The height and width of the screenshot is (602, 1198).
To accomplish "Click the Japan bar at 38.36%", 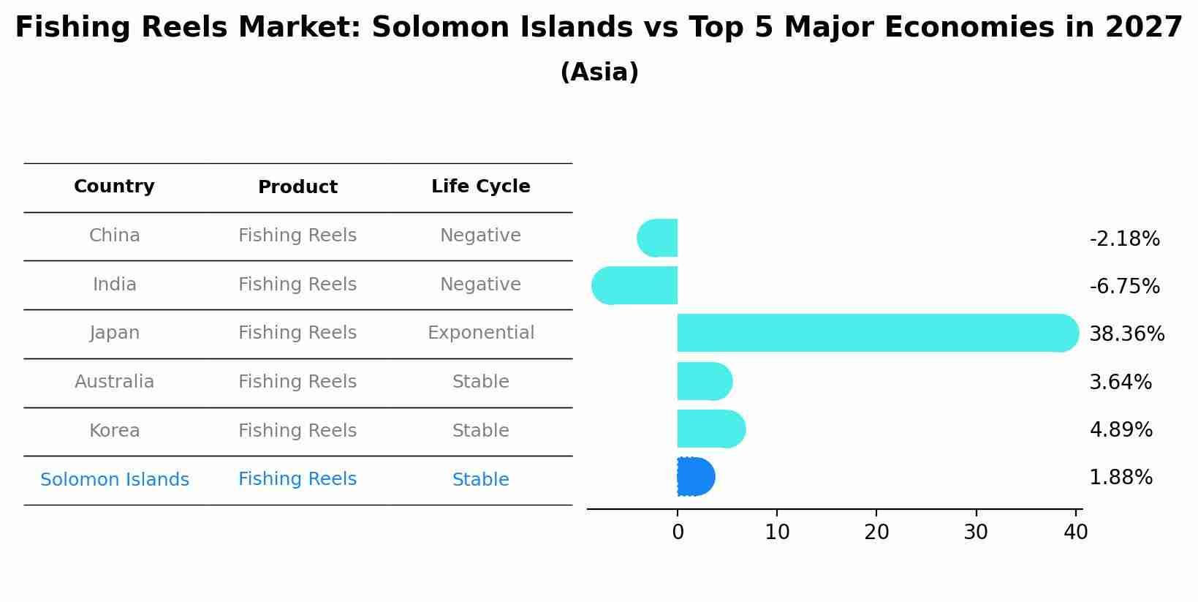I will (x=877, y=333).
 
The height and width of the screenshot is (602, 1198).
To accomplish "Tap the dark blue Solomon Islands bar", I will (x=695, y=477).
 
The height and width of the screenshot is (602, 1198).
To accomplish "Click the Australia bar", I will (x=704, y=381).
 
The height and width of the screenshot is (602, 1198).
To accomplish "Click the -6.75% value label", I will (x=1124, y=286).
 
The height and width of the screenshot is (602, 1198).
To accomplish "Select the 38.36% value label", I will (x=1126, y=334).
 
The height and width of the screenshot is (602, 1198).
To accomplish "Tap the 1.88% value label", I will (x=1121, y=478).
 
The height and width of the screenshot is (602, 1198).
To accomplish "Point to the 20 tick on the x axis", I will (x=876, y=533).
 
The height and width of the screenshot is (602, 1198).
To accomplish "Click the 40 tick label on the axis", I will (x=1075, y=533).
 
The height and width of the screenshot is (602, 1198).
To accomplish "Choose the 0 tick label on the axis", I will (x=678, y=533).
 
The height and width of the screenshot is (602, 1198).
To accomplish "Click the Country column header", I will (x=114, y=187).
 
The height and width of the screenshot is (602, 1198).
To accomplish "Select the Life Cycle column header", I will (x=480, y=187).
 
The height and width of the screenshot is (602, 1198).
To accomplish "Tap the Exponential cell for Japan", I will (x=480, y=333).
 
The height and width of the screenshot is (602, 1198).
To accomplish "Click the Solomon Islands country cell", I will (x=115, y=480).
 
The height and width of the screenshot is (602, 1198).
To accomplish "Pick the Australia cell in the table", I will (x=114, y=382).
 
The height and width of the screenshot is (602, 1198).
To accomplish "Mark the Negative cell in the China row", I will (x=480, y=236).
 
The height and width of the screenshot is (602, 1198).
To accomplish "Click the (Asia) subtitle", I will (x=599, y=72).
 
